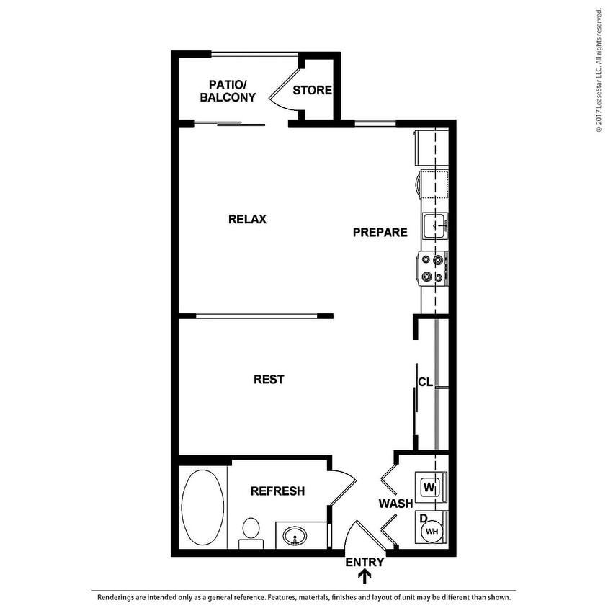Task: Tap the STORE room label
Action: pyautogui.click(x=312, y=90)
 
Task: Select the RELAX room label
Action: pyautogui.click(x=247, y=219)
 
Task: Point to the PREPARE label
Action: pyautogui.click(x=380, y=232)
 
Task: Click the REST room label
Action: pyautogui.click(x=269, y=379)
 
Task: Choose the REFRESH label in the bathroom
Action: pyautogui.click(x=277, y=491)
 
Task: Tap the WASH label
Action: pyautogui.click(x=395, y=503)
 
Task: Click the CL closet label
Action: pyautogui.click(x=425, y=382)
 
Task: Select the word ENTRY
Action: pyautogui.click(x=365, y=562)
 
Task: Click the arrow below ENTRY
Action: pyautogui.click(x=365, y=576)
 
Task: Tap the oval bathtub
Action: pyautogui.click(x=202, y=506)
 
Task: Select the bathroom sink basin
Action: pyautogui.click(x=295, y=536)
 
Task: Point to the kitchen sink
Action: pyautogui.click(x=434, y=225)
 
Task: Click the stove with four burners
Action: pyautogui.click(x=434, y=268)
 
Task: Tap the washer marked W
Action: pyautogui.click(x=430, y=487)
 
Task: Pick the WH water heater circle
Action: pyautogui.click(x=432, y=532)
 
